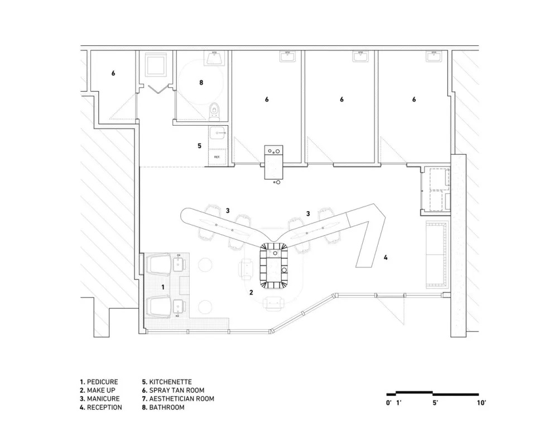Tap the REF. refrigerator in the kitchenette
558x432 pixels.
(x=218, y=157)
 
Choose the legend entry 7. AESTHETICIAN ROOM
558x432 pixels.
(x=178, y=399)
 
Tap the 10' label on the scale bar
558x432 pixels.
(x=482, y=402)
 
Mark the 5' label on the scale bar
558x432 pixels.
(x=435, y=402)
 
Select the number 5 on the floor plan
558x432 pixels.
(x=199, y=146)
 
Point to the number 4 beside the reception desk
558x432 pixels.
(x=386, y=258)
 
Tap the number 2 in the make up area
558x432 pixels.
(x=251, y=292)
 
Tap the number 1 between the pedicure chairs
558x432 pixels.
(x=163, y=286)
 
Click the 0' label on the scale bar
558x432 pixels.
(x=388, y=402)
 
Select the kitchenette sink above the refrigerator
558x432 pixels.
(x=218, y=133)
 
